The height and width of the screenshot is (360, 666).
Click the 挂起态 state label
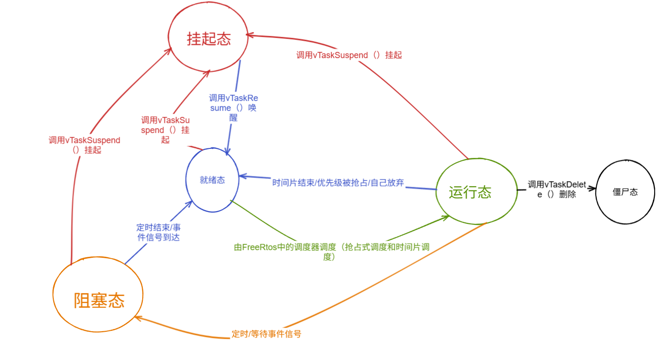tap(209, 39)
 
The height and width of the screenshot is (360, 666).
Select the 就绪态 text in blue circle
tap(212, 180)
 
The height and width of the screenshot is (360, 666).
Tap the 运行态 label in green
tap(470, 192)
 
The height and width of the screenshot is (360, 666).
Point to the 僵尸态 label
tap(625, 192)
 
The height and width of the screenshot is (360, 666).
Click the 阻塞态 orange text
tap(99, 300)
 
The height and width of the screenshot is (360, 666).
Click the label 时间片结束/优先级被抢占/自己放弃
tap(338, 183)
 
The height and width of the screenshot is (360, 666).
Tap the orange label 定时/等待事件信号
tap(266, 334)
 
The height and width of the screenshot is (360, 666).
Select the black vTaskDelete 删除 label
tap(557, 189)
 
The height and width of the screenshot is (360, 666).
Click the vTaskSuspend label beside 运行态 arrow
tap(349, 55)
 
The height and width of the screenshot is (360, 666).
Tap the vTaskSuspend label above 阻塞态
tap(84, 145)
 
